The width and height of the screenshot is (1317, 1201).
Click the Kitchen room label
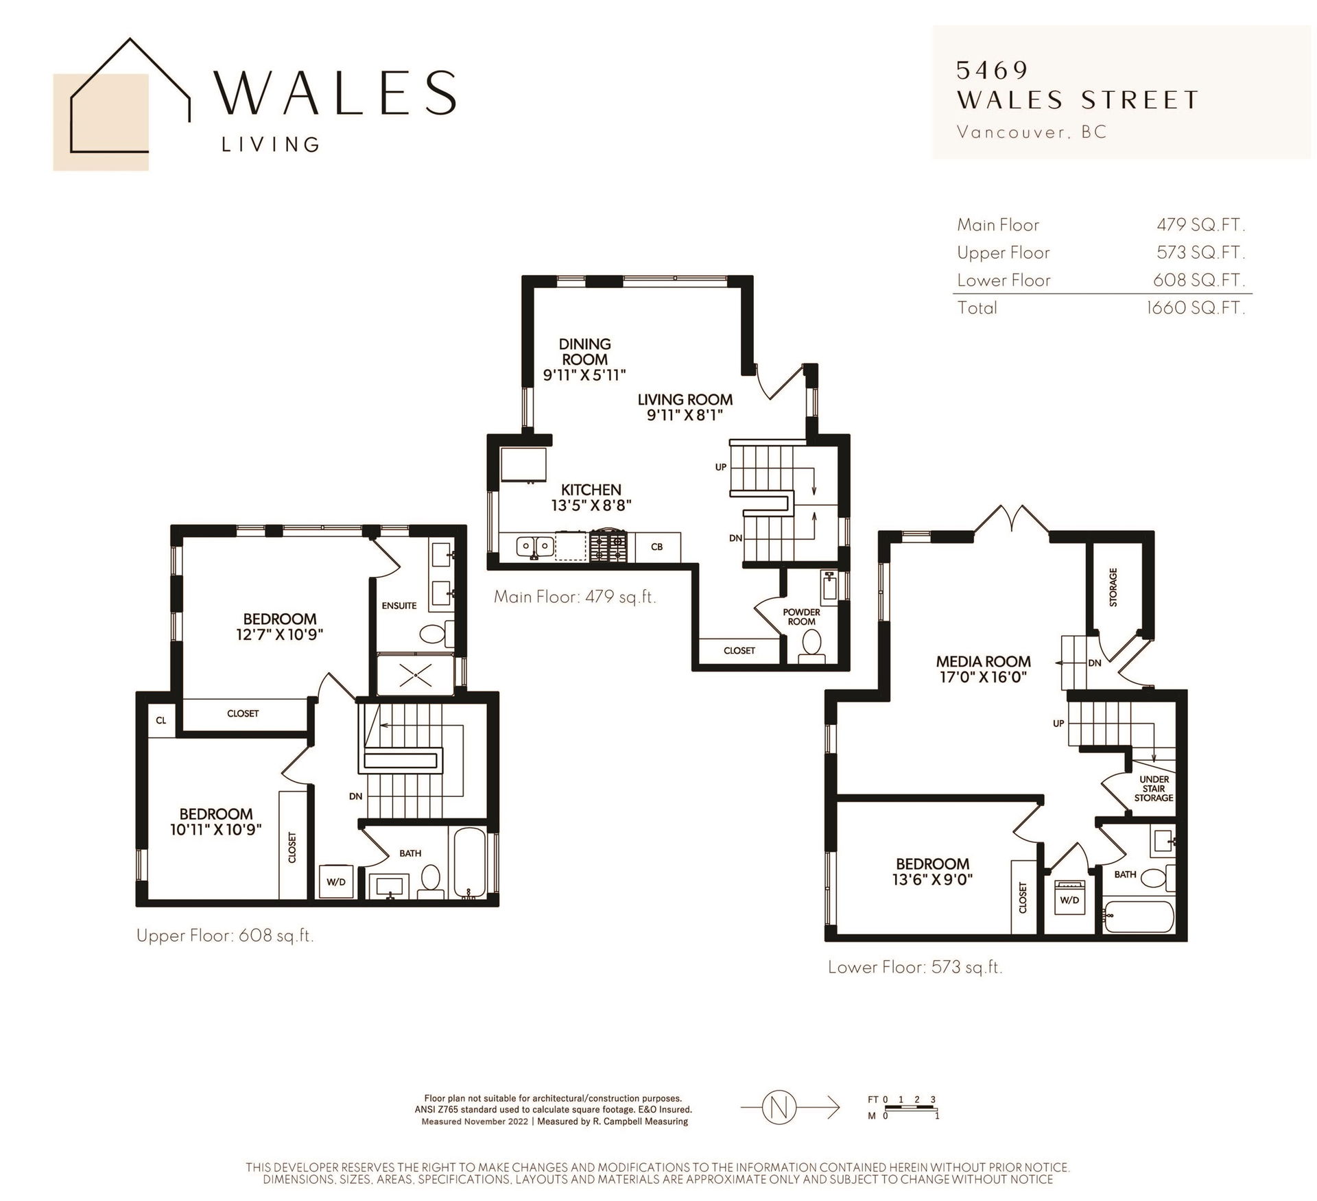(x=591, y=490)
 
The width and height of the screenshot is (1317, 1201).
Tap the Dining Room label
(x=585, y=351)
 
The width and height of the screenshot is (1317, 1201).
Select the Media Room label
(x=984, y=661)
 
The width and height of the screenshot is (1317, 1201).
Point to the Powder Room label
(x=802, y=617)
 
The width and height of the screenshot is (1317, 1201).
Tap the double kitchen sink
(x=536, y=547)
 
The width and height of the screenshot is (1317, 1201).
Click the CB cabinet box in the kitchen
(x=658, y=547)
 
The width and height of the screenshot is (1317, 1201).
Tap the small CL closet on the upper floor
(x=161, y=720)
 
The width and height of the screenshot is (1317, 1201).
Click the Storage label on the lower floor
(x=1113, y=587)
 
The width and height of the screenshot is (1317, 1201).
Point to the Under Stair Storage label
(x=1154, y=789)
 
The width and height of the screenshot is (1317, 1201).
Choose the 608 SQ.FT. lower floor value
(x=1199, y=280)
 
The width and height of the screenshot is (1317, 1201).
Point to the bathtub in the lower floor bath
(x=1139, y=916)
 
